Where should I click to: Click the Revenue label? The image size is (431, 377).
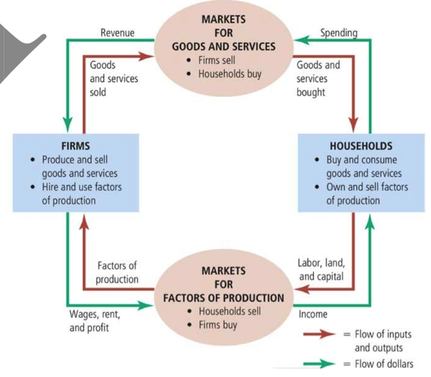point(117,33)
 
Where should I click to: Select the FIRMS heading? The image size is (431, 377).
point(75,146)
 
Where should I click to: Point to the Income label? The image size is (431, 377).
point(313,314)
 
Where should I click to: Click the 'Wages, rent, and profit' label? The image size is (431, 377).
point(95,322)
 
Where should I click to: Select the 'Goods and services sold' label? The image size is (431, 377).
point(113,78)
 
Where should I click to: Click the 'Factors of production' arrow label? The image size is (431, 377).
point(117,272)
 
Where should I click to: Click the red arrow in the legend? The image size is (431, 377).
point(322,334)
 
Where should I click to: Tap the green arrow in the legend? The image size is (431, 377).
point(322,364)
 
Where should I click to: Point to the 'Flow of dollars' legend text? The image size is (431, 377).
point(383,364)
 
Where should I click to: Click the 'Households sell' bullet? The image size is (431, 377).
point(229,311)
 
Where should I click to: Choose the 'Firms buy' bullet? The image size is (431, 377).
point(217,325)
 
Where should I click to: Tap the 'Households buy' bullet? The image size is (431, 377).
point(229,74)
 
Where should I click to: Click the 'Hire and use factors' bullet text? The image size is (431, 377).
point(81,187)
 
